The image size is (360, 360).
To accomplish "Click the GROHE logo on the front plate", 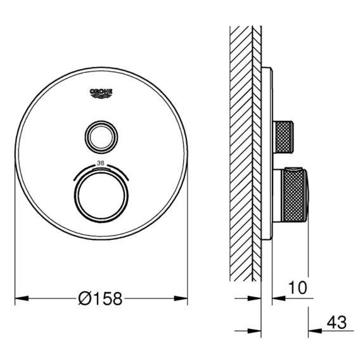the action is (101, 94).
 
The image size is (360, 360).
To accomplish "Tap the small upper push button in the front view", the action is (101, 137).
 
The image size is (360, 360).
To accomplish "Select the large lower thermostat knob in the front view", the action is (101, 196).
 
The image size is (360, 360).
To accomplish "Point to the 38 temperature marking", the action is (101, 164).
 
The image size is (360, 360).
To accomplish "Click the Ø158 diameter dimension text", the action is (100, 299).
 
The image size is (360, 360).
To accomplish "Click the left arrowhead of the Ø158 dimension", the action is (22, 299).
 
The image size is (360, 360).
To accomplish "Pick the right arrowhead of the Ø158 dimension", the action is (181, 299).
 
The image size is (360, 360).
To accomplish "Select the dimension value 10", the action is (297, 288).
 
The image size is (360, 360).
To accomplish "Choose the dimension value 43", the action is (337, 323).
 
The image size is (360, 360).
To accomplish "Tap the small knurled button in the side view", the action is (283, 137).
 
